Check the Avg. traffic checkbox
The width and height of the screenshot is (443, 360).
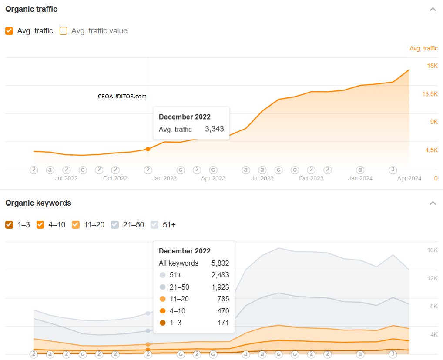coord(9,31)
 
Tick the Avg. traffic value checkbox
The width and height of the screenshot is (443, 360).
coord(63,31)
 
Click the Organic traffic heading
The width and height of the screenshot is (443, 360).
coord(31,9)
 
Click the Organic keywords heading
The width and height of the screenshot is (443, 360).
coord(38,203)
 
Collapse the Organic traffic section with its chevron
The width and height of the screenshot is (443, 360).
coord(433,9)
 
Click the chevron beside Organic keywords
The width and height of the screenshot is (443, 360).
coord(433,203)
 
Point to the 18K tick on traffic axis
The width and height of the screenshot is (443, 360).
coord(432,66)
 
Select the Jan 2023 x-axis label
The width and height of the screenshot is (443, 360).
coord(164,178)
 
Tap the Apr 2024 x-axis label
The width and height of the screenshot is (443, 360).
coord(409,178)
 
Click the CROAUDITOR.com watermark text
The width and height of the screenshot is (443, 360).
coord(122,97)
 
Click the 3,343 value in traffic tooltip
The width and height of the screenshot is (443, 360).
coord(214,129)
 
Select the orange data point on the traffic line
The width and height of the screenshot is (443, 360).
coord(148,149)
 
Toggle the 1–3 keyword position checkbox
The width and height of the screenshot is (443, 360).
coord(9,225)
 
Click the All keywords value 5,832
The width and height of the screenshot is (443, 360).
coord(220,263)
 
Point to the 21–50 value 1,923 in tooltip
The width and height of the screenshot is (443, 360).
coord(220,287)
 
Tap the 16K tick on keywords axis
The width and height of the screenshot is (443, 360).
coord(432,250)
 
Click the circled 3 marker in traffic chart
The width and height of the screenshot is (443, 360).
coord(393,170)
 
